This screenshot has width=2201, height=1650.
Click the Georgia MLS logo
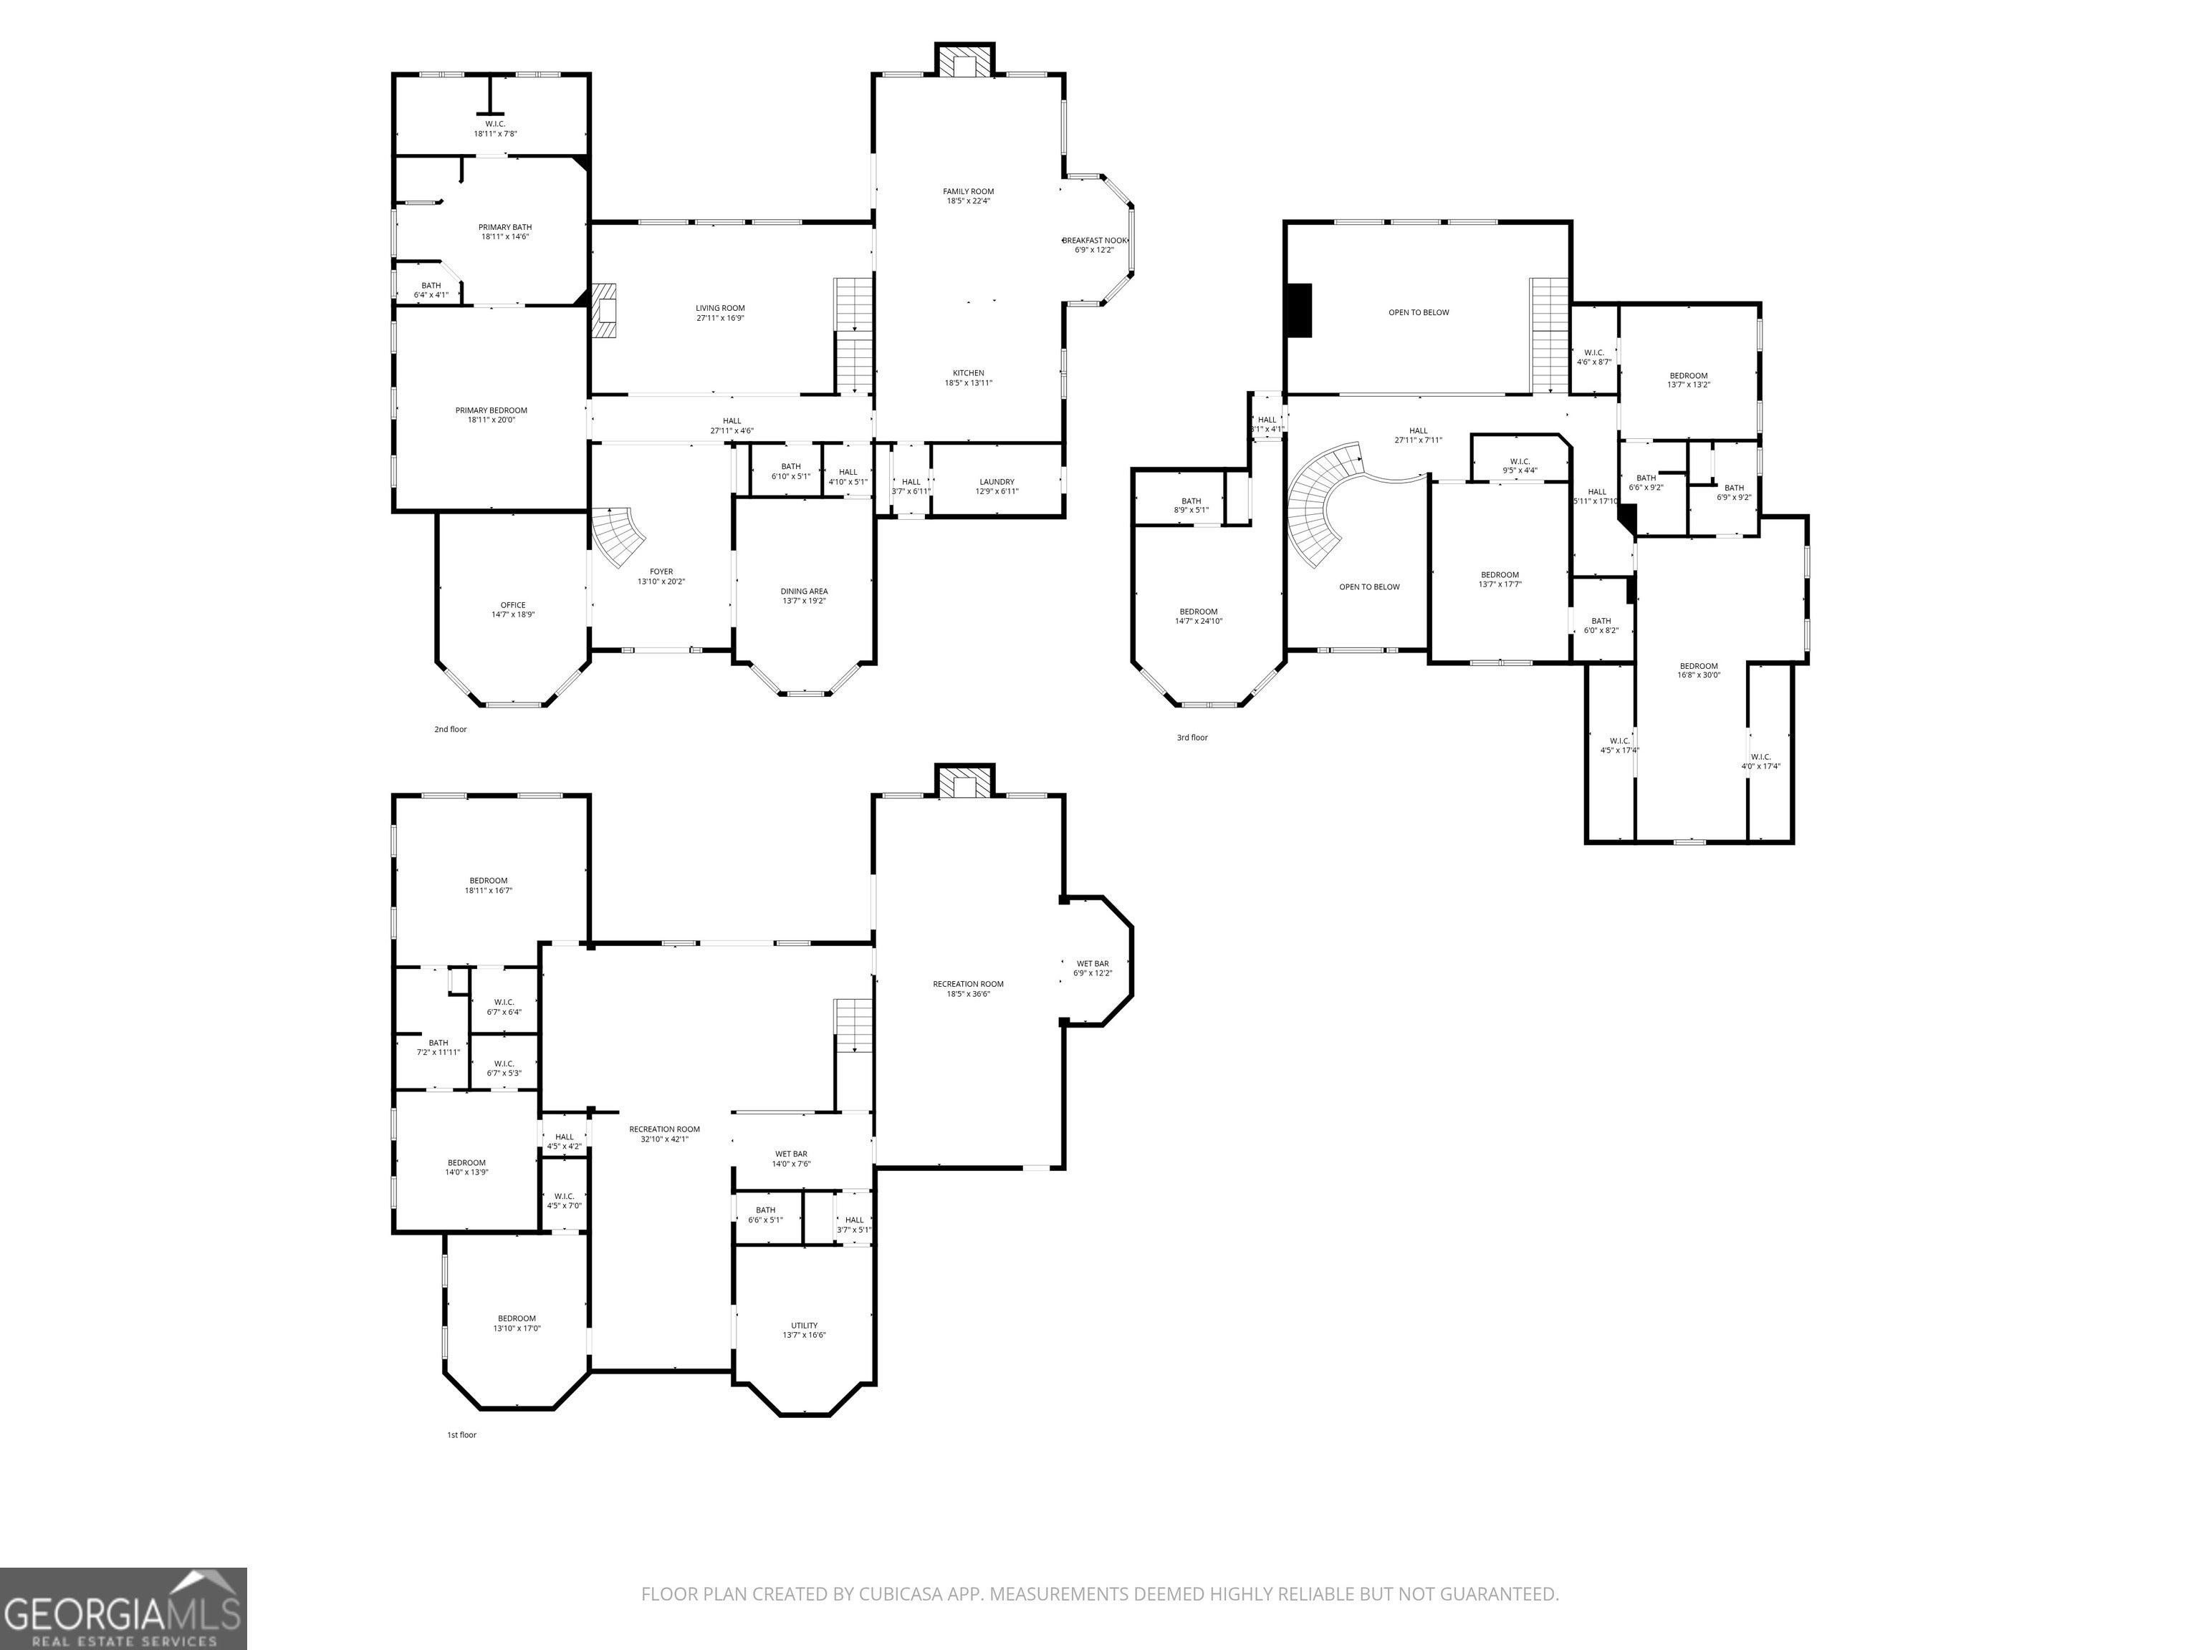click(x=123, y=1608)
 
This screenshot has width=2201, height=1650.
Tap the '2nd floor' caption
click(x=450, y=729)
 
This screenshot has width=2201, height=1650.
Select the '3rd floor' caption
click(x=1192, y=737)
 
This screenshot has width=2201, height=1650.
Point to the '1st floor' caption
click(x=461, y=1434)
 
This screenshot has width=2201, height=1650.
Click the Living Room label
click(x=720, y=312)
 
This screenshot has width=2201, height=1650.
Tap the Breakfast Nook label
click(x=1095, y=245)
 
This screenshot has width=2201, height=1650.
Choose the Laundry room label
click(x=997, y=486)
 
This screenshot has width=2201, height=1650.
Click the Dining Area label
click(x=804, y=596)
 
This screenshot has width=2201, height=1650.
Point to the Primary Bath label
click(x=506, y=232)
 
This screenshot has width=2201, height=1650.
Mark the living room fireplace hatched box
click(x=604, y=313)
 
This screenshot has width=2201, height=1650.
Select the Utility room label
click(x=804, y=1330)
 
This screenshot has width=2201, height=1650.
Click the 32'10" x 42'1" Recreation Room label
click(x=665, y=1134)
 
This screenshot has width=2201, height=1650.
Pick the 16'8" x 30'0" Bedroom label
click(x=1699, y=670)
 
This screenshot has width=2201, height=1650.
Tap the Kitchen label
click(x=968, y=378)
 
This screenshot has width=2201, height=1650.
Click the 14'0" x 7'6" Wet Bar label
click(x=791, y=1159)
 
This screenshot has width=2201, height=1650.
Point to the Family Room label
click(x=968, y=196)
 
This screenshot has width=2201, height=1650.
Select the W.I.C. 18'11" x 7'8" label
click(x=496, y=128)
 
